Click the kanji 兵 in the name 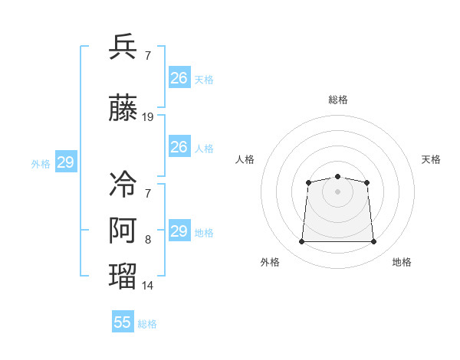(x=123, y=46)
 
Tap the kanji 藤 (x=123, y=107)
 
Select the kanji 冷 (x=123, y=184)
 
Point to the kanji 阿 (x=123, y=230)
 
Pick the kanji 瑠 (x=123, y=277)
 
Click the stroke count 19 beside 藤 (x=147, y=117)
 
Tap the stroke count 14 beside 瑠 (x=147, y=286)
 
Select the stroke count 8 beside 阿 (x=148, y=240)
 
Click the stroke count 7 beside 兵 (x=148, y=55)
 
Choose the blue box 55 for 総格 (x=123, y=321)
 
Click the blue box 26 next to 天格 (x=179, y=77)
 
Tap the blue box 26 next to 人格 (x=179, y=146)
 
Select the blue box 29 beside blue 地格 (x=179, y=230)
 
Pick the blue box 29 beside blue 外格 (x=66, y=162)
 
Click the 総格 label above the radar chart (x=338, y=100)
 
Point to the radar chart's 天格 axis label (x=431, y=159)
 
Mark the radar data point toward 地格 (x=373, y=241)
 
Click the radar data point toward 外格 (x=301, y=241)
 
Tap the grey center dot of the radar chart (x=337, y=191)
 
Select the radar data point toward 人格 (x=308, y=182)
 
